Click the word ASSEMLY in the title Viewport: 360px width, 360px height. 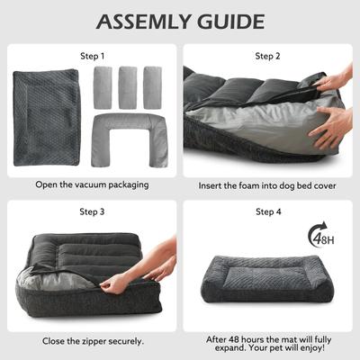tap(142, 22)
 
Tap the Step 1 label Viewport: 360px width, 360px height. tap(91, 56)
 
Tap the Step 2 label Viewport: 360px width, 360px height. tap(268, 56)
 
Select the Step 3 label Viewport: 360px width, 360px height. tap(91, 211)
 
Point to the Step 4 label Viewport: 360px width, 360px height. tap(268, 211)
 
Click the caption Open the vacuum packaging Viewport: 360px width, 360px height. tap(91, 184)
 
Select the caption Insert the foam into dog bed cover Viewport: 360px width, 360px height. tap(268, 186)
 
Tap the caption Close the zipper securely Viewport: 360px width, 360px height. tap(91, 341)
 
